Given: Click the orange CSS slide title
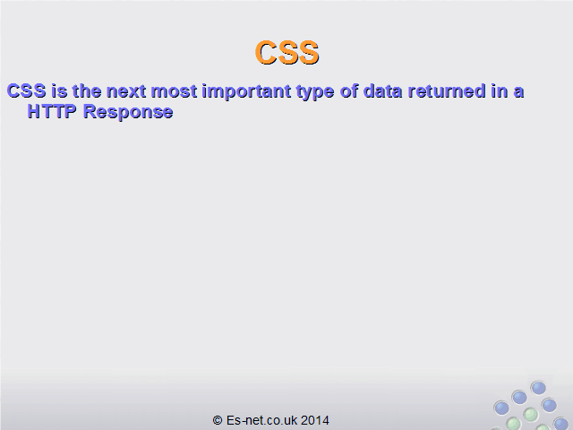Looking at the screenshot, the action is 286,53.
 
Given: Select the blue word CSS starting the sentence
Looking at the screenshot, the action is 27,90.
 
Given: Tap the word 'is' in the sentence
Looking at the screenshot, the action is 59,90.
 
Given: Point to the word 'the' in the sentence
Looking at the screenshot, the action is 87,90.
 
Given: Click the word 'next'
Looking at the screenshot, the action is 126,91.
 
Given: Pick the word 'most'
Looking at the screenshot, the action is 174,91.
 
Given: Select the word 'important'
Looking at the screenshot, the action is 247,92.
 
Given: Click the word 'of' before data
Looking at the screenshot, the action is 349,90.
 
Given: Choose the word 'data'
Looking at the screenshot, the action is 383,90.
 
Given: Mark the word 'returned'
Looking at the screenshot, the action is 447,90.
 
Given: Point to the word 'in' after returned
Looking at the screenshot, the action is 500,90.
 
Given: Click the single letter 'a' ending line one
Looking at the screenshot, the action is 519,92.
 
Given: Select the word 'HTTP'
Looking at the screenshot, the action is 52,111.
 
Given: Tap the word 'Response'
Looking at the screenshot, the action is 128,113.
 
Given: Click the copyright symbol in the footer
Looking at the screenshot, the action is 218,420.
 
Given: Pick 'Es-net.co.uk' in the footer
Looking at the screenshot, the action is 261,420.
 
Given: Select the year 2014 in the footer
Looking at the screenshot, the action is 315,420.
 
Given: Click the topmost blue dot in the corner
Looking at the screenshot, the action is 538,388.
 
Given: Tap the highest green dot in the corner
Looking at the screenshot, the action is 530,415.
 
